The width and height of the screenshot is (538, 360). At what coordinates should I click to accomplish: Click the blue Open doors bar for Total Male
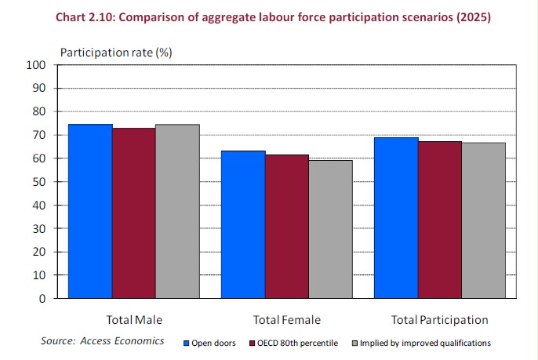tap(90, 212)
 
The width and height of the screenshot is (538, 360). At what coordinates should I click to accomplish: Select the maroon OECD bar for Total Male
tap(133, 213)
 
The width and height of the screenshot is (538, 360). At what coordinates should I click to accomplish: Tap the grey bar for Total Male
tap(177, 212)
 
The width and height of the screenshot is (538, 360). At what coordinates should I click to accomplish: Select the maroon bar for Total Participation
tap(439, 220)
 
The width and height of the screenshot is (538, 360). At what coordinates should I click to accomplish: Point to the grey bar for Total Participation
tap(483, 221)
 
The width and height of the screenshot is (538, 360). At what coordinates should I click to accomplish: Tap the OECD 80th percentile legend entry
tap(295, 343)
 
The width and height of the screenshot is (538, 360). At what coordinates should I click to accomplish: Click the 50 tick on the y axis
tap(42, 182)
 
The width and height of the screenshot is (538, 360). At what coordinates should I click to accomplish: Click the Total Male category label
tap(134, 320)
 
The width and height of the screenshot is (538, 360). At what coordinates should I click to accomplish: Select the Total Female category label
tap(287, 320)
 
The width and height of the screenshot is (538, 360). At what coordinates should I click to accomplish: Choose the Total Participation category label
tap(439, 320)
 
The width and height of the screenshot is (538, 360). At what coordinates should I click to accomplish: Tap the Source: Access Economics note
tap(103, 341)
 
